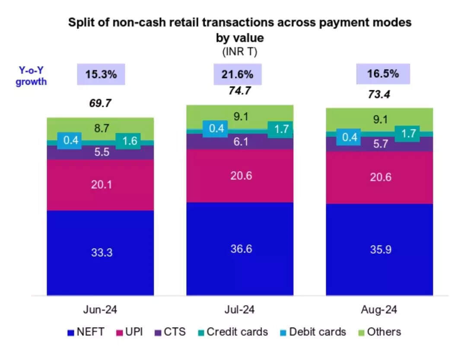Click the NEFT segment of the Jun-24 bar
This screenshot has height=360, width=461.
(x=100, y=253)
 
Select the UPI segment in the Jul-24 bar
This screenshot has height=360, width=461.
(x=240, y=175)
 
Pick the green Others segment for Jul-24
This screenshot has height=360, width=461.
(x=240, y=116)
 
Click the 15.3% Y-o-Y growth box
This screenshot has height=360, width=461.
(x=101, y=74)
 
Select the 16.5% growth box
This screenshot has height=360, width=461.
(x=383, y=74)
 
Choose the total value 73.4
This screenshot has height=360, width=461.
(x=379, y=94)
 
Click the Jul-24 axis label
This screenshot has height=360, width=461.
(x=240, y=310)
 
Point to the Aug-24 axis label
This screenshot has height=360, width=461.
(x=379, y=310)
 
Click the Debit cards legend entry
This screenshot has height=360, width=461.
(x=313, y=332)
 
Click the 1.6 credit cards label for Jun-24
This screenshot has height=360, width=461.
(x=127, y=140)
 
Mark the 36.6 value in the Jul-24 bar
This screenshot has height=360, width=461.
(x=240, y=249)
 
